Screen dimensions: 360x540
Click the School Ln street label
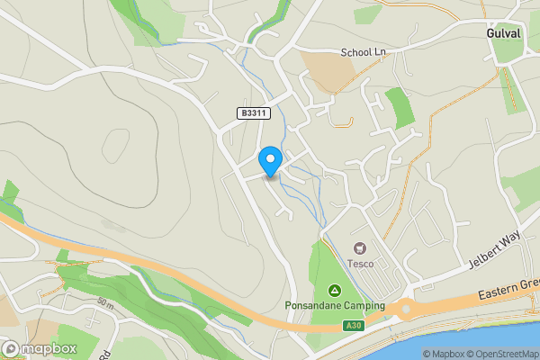tap(363, 53)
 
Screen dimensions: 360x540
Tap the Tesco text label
tap(360, 264)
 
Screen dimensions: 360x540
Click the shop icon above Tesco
tap(360, 247)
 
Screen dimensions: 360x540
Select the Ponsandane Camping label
tap(335, 306)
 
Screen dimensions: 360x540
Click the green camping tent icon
tap(335, 291)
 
